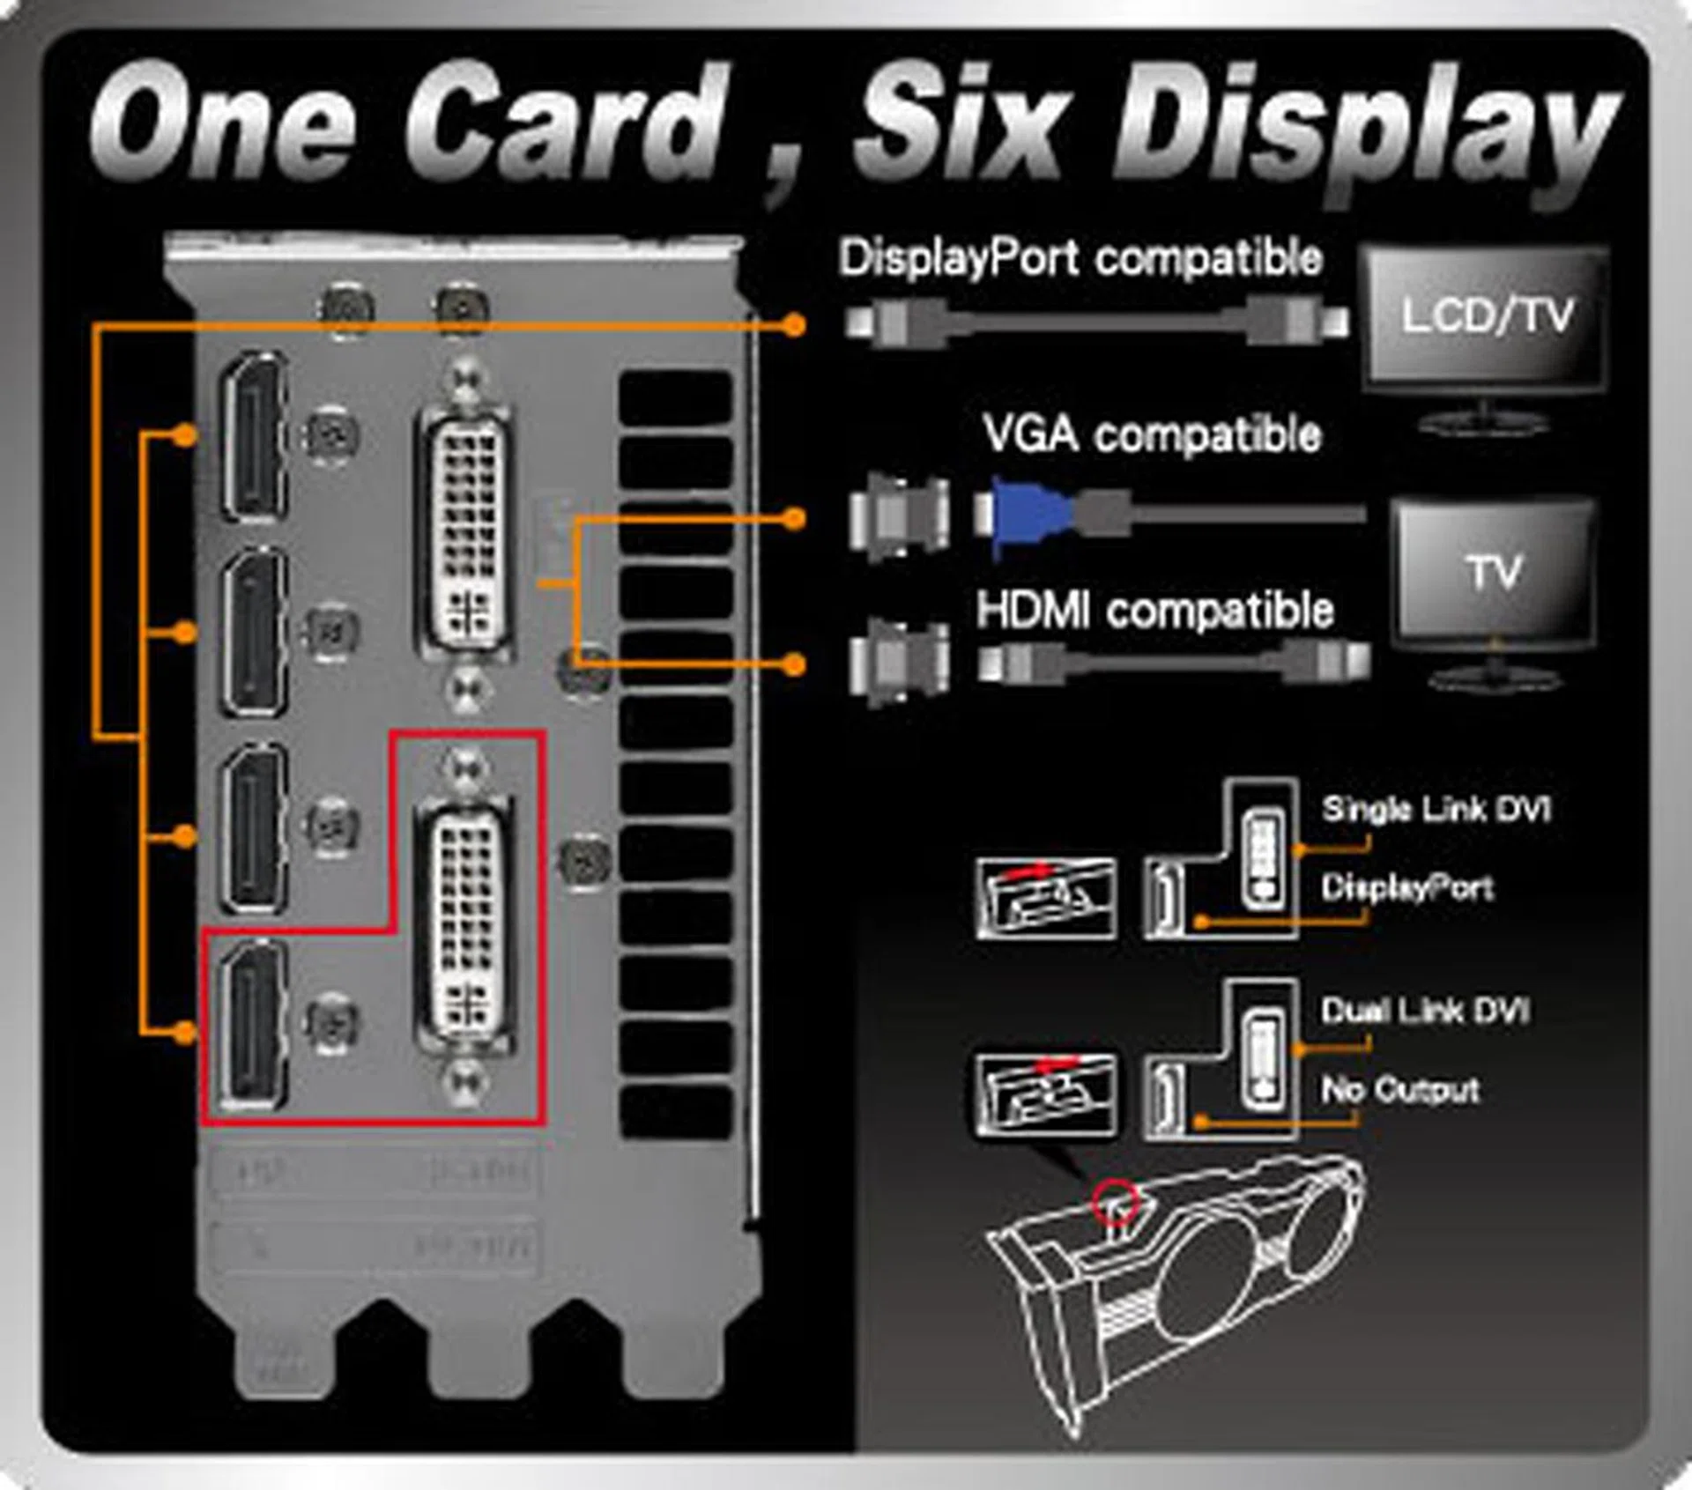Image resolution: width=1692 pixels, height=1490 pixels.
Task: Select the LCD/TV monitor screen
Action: [1486, 317]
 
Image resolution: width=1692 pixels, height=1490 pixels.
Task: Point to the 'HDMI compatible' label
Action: [1154, 611]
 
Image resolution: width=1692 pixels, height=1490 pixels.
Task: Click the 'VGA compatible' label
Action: [1153, 434]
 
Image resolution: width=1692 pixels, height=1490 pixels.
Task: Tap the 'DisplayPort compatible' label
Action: [1080, 259]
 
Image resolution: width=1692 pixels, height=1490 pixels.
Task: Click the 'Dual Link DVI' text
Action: [1425, 1010]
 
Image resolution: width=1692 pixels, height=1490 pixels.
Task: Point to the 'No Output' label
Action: [1400, 1090]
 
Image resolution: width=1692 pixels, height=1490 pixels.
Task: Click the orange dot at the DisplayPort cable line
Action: [794, 326]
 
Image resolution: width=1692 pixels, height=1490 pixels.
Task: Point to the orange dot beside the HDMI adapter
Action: [794, 664]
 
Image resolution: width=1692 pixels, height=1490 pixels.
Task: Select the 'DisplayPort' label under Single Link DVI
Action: [1406, 887]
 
